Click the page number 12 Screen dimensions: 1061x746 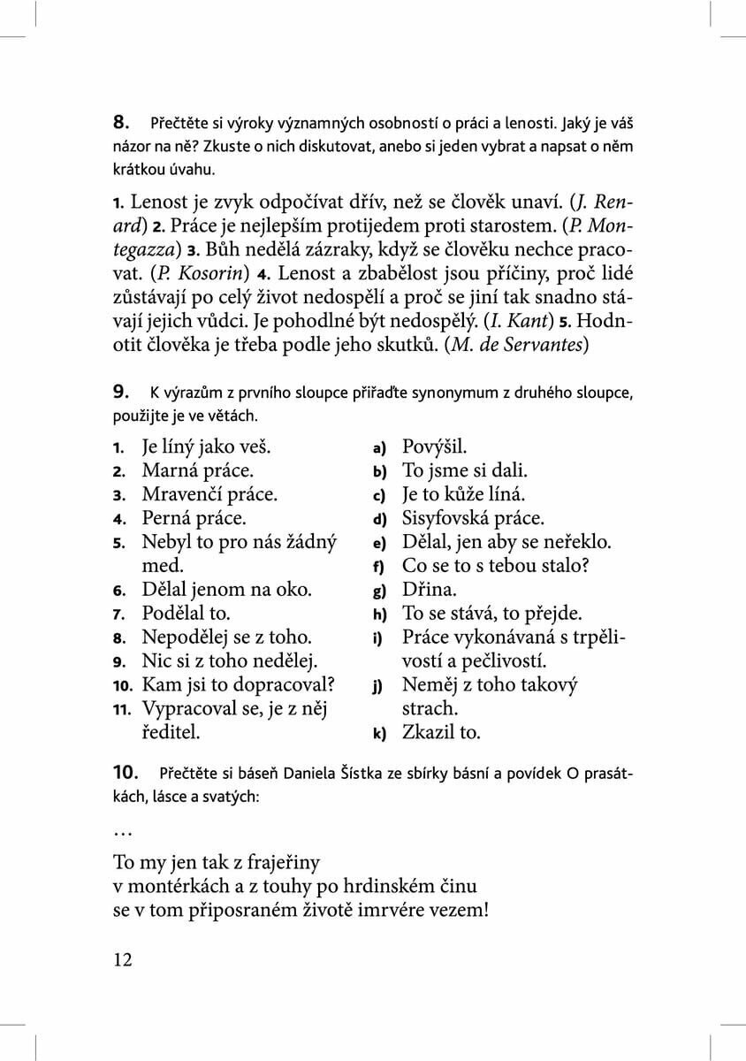pos(123,959)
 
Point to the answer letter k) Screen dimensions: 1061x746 pos(379,733)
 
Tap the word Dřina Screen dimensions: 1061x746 pos(429,590)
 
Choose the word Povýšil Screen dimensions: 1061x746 pos(435,447)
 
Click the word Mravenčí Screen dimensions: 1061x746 pos(185,494)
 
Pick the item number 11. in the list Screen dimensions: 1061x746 pos(122,709)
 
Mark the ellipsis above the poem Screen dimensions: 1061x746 pos(122,833)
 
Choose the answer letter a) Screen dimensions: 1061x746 pos(379,448)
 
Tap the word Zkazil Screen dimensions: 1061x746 pos(429,733)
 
